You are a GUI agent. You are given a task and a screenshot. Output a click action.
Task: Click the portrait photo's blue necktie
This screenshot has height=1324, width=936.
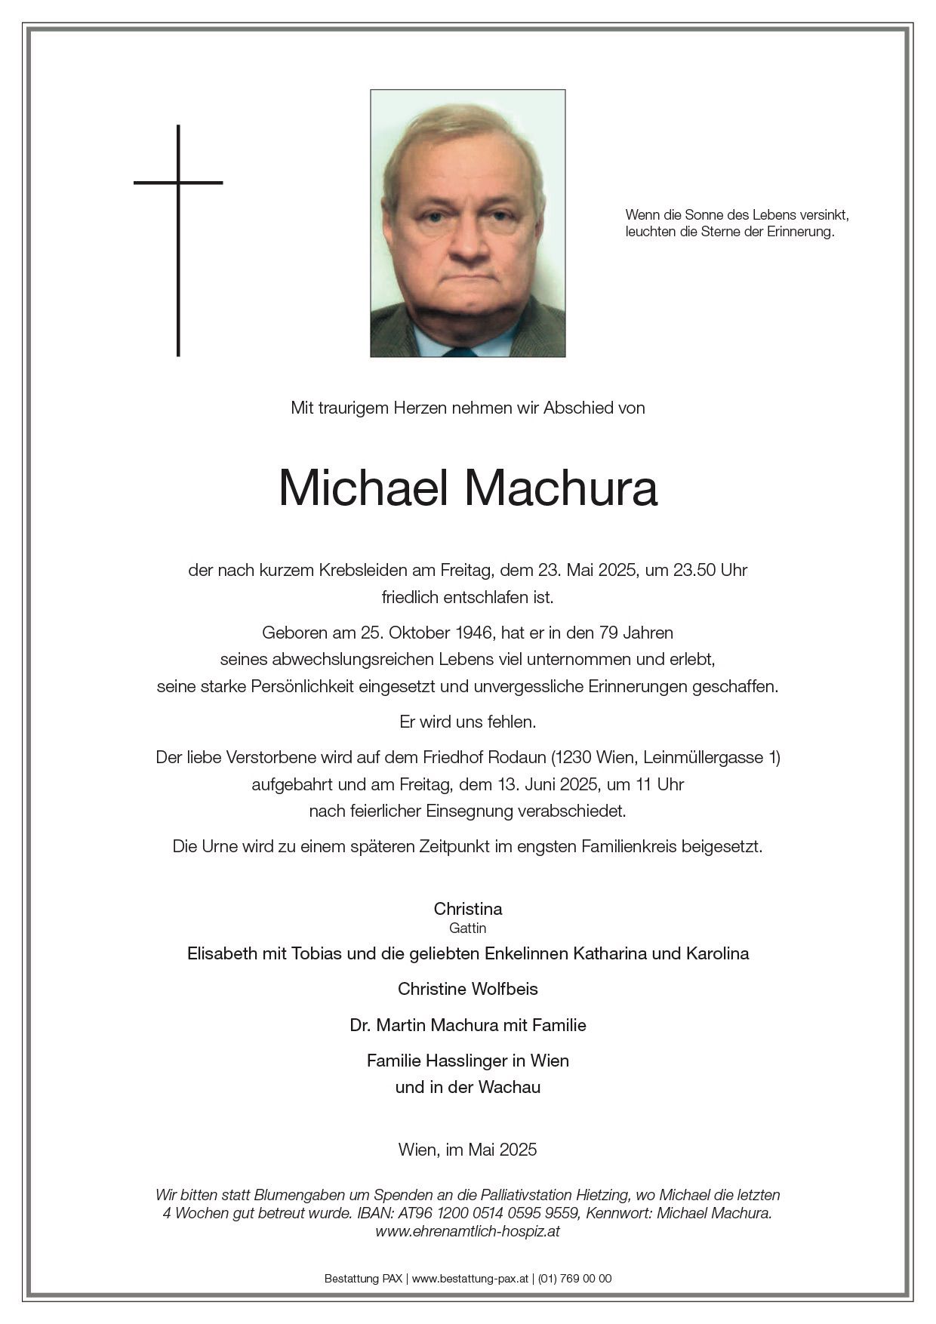click(x=460, y=351)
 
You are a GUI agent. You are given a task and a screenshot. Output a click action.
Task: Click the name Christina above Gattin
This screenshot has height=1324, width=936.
click(x=468, y=909)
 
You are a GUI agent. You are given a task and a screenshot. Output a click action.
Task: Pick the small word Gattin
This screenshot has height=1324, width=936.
click(x=468, y=928)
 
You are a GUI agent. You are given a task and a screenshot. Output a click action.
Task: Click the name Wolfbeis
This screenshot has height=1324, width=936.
click(x=503, y=989)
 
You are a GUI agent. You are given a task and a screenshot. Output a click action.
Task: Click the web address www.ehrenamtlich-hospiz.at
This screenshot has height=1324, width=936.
click(x=468, y=1231)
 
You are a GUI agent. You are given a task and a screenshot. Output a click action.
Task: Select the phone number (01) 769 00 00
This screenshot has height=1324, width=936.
click(x=575, y=1279)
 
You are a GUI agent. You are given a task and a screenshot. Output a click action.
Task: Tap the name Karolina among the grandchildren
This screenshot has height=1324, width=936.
click(x=717, y=953)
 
